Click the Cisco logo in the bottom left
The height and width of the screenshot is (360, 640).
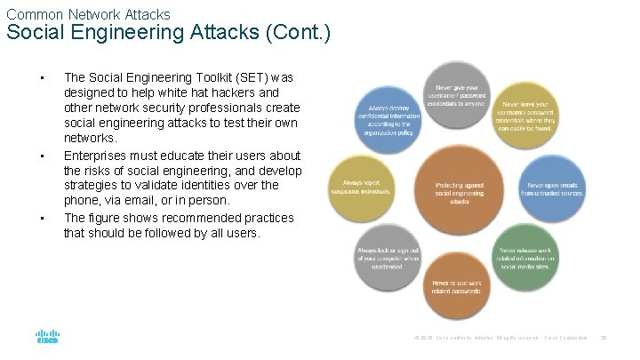tap(47, 337)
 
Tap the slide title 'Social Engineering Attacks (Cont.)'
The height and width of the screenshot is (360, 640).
tap(169, 34)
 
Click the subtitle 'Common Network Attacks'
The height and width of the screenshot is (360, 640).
tap(88, 13)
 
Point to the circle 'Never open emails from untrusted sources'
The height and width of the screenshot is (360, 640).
tap(551, 188)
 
